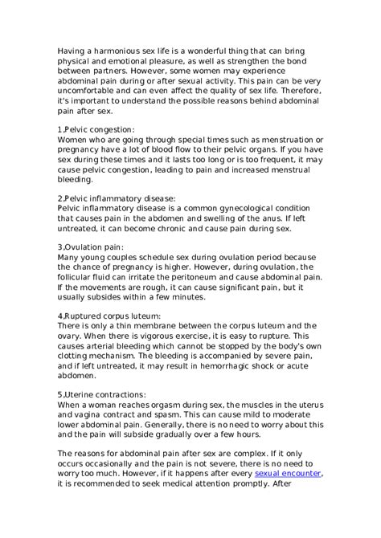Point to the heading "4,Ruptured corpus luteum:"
click(109, 316)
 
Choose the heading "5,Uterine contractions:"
click(101, 395)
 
